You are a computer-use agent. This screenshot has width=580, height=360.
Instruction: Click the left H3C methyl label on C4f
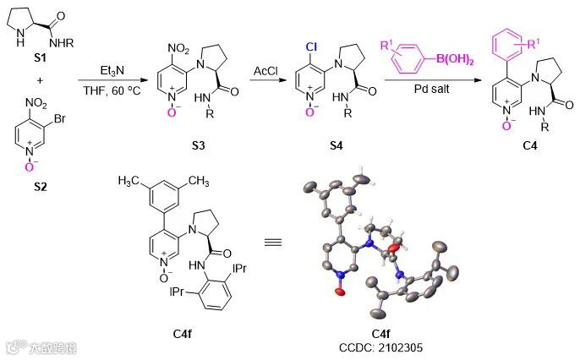[130, 181]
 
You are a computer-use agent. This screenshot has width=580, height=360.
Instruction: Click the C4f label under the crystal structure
[383, 333]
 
